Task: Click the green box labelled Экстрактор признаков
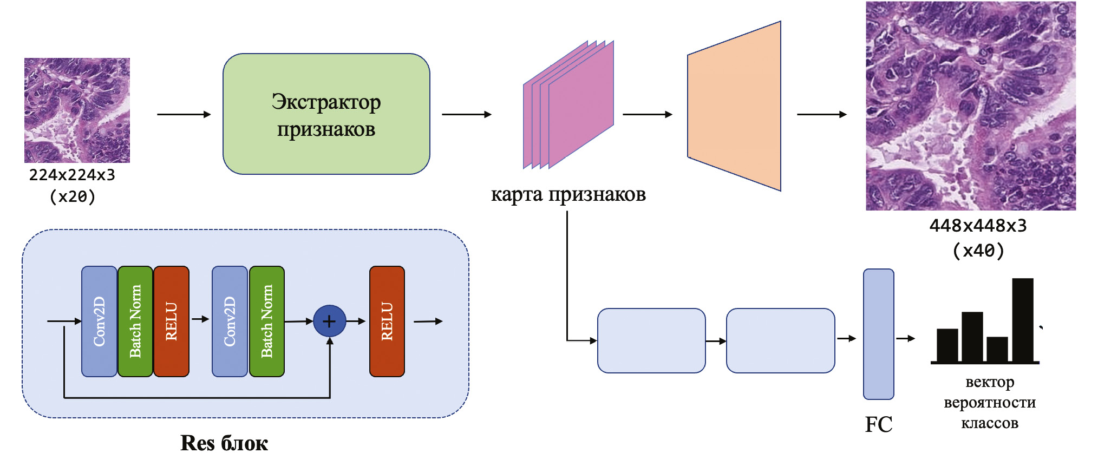point(326,114)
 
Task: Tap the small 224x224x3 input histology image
point(77,110)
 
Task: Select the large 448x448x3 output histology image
point(970,106)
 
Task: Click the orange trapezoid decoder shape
point(734,107)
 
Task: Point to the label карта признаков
point(568,195)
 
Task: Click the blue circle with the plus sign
point(329,321)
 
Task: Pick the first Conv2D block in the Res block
point(99,321)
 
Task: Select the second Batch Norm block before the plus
point(267,321)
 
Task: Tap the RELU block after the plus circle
point(387,321)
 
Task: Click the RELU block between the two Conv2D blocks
point(171,321)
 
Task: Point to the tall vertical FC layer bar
point(878,334)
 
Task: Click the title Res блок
point(224,443)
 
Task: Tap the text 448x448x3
point(978,226)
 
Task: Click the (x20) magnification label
point(72,196)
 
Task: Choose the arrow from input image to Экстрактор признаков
point(184,114)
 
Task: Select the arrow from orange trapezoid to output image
point(821,114)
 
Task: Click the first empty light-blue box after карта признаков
point(651,340)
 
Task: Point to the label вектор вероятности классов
point(989,403)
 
